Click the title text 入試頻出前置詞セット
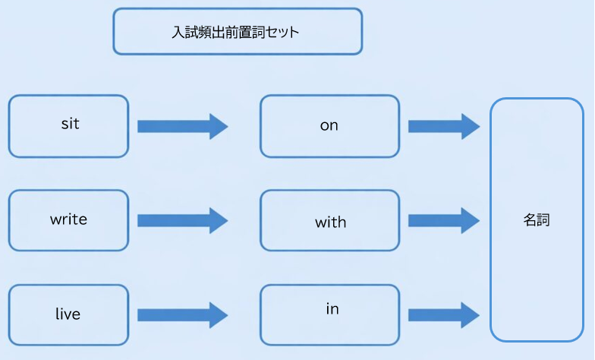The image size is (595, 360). (236, 33)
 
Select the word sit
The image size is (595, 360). (70, 124)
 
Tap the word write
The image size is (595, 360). (68, 219)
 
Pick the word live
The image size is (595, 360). (68, 314)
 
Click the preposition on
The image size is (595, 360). (329, 125)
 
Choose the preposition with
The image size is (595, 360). (330, 222)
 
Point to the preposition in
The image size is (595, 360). (332, 309)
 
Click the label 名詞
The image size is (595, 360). (537, 220)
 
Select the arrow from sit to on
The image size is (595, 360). (182, 125)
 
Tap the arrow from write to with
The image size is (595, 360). (182, 220)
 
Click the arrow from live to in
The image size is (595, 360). (182, 314)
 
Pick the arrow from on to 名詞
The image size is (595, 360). (444, 125)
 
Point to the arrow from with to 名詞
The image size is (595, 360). (444, 220)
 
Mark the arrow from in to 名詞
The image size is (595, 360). (444, 314)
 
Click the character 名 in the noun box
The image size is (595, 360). (530, 220)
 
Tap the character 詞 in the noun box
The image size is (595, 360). (543, 220)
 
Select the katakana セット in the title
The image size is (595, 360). (282, 33)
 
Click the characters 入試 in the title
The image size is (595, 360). (185, 33)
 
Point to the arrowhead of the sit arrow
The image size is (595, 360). (219, 125)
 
